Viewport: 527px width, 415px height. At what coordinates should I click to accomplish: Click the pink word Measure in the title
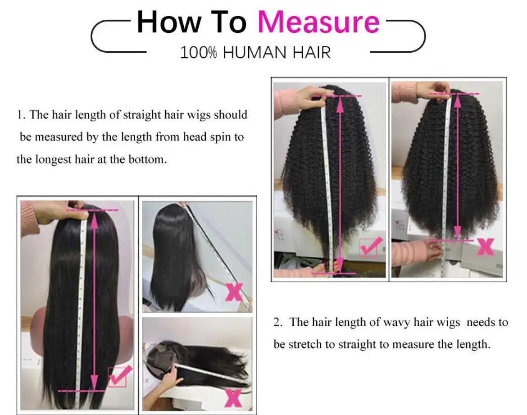(318, 22)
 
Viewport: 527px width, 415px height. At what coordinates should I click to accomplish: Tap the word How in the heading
(168, 22)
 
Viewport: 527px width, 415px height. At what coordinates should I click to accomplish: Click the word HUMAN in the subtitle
(255, 53)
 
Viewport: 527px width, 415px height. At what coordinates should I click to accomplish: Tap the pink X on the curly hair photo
(485, 246)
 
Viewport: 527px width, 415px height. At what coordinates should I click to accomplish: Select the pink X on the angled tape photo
(234, 292)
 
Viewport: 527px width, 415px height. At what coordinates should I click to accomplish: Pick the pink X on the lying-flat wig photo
(233, 397)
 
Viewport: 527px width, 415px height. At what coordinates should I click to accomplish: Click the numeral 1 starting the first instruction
(20, 115)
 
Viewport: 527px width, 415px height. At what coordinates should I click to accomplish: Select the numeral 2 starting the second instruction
(277, 322)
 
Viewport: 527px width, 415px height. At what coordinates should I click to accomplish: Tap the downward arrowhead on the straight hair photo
(94, 383)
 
